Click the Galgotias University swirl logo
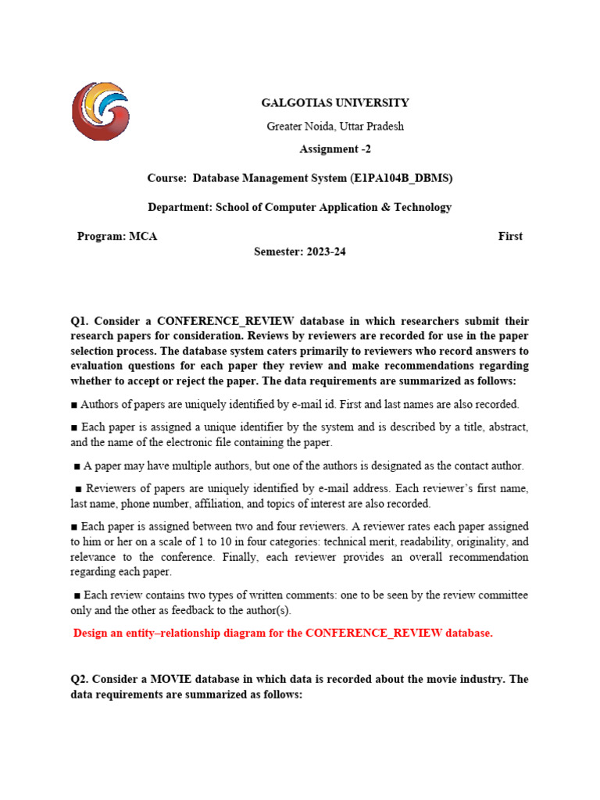click(x=100, y=111)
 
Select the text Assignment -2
click(x=335, y=149)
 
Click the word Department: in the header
click(x=180, y=207)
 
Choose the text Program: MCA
click(x=117, y=236)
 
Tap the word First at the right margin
click(x=510, y=236)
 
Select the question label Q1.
click(x=81, y=321)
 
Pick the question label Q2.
click(x=81, y=679)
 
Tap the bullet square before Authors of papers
click(x=74, y=405)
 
